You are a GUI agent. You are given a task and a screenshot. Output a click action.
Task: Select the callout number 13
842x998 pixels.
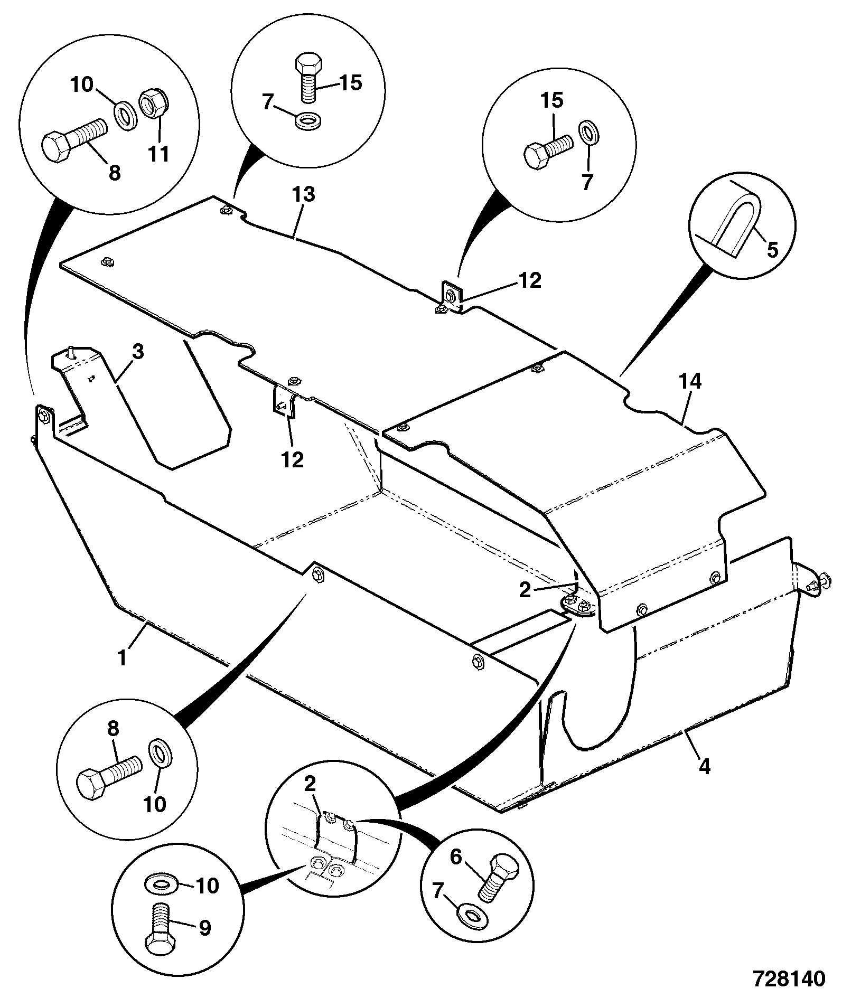click(305, 194)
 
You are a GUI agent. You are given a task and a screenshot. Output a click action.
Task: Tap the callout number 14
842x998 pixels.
click(691, 381)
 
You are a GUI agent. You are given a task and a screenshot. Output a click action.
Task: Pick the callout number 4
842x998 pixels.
click(705, 766)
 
